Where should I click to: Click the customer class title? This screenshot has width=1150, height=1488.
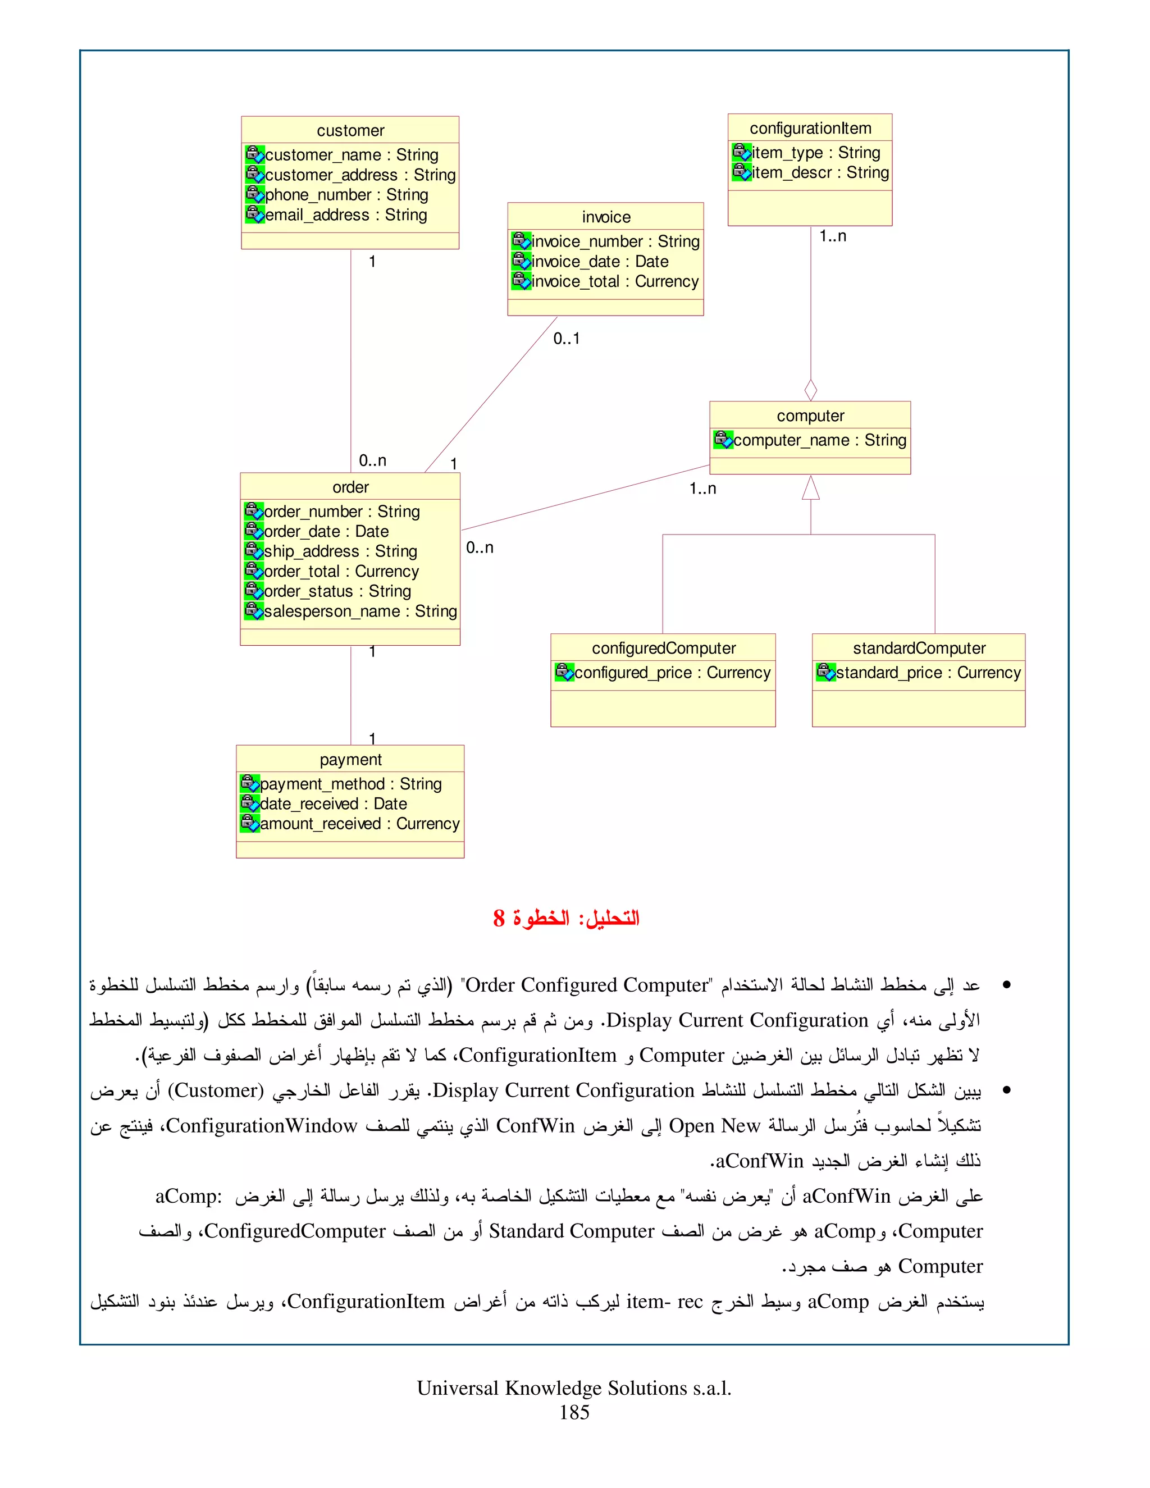point(350,130)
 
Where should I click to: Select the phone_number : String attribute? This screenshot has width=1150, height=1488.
point(346,195)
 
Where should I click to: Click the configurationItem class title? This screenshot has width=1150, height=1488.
point(810,128)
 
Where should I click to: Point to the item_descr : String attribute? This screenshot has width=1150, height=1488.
point(820,172)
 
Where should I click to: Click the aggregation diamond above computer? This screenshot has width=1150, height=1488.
point(811,390)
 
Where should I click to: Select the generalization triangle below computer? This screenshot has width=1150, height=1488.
point(811,488)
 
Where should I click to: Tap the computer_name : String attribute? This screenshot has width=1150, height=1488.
point(819,440)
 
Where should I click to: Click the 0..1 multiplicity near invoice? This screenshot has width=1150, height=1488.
point(566,339)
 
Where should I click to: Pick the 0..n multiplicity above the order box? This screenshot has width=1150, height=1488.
point(373,460)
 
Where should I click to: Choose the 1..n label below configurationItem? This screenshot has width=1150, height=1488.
point(833,236)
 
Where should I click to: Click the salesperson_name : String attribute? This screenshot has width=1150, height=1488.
point(360,611)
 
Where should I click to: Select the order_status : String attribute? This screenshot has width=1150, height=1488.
point(337,591)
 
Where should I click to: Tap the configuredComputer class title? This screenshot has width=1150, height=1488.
point(664,648)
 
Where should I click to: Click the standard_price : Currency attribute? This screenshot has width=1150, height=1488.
point(928,673)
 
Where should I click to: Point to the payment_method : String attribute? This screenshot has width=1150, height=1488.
point(350,784)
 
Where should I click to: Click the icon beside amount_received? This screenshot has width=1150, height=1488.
point(249,823)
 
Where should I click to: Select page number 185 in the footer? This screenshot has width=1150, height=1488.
point(574,1412)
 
